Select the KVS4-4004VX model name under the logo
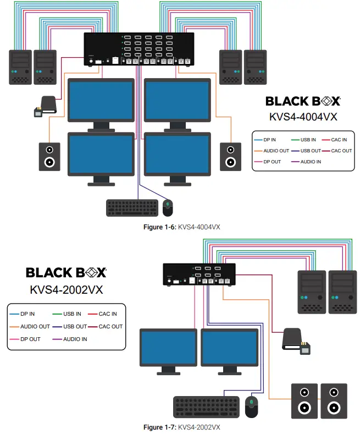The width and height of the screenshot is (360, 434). [x=303, y=116]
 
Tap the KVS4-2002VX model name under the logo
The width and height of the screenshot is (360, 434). [x=66, y=289]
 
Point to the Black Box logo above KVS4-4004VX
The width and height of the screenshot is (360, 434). [x=303, y=101]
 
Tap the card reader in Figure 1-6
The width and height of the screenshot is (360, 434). [x=46, y=106]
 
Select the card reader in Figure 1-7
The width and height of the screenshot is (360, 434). [x=293, y=340]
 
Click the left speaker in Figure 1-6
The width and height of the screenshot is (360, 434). [x=49, y=157]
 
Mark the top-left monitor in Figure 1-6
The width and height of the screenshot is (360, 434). [x=101, y=101]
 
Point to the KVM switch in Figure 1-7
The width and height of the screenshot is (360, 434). [x=200, y=274]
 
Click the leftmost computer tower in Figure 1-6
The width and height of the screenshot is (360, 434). [x=20, y=67]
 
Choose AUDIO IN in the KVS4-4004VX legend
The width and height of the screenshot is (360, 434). [x=311, y=162]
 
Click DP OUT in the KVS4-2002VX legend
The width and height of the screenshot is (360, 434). [x=30, y=339]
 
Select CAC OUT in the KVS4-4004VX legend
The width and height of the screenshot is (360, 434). [x=341, y=151]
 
